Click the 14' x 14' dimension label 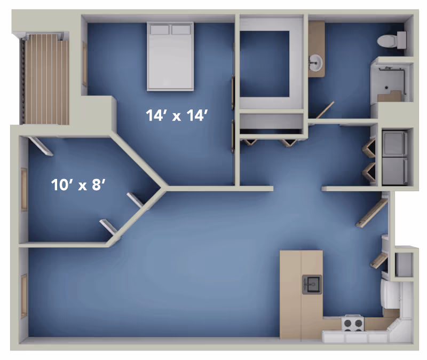(x=177, y=115)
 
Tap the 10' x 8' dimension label (x=78, y=185)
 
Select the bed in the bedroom (x=170, y=57)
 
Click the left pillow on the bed (x=159, y=30)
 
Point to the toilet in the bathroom (x=392, y=41)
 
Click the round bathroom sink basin (x=316, y=62)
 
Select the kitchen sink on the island (x=312, y=284)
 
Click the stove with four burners (x=353, y=323)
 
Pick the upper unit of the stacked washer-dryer (x=394, y=143)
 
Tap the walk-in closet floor (x=264, y=64)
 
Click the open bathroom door (x=325, y=110)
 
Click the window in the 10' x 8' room (x=24, y=189)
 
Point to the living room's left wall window (x=24, y=296)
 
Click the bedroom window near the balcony (x=85, y=64)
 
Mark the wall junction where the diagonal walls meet (x=164, y=188)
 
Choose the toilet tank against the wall (x=402, y=40)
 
